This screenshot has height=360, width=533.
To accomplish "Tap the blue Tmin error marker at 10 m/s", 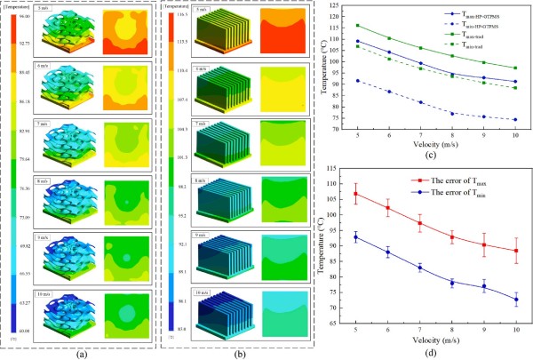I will tap(516, 300).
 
